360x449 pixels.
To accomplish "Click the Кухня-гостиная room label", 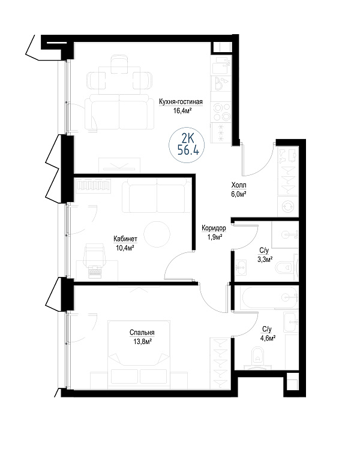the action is [x=181, y=102].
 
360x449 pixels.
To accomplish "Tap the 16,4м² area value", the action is [x=182, y=111].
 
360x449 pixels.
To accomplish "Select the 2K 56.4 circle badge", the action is [x=187, y=145].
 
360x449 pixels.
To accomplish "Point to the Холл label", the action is [x=239, y=185].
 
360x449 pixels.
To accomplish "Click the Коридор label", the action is [x=214, y=228].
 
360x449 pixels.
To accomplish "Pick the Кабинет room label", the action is [x=125, y=239].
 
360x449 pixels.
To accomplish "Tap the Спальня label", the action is [x=142, y=333].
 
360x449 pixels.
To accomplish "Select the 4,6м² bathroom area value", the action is [x=268, y=338].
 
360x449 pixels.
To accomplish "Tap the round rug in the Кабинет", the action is [x=157, y=234].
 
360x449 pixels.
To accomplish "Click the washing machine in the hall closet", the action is [x=288, y=206].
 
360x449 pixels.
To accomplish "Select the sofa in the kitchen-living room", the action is [x=119, y=112].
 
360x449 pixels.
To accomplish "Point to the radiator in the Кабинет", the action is [x=94, y=186].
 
